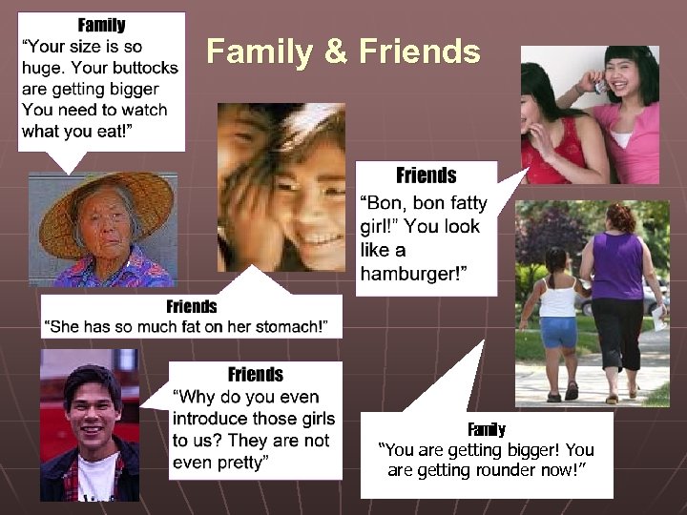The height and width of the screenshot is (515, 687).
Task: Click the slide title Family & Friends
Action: (343, 51)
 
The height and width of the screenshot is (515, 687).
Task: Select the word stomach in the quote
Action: (284, 327)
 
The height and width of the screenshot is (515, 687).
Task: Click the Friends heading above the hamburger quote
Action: (426, 175)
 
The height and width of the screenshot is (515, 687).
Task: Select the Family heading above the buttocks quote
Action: (101, 25)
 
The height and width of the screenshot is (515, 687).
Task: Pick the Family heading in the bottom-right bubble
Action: (487, 429)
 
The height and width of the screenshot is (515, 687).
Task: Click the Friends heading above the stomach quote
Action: (191, 306)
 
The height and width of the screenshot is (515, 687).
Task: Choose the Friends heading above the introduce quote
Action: (255, 374)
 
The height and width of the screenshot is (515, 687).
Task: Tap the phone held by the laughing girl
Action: (599, 87)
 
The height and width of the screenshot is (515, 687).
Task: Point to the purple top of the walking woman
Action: (618, 266)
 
